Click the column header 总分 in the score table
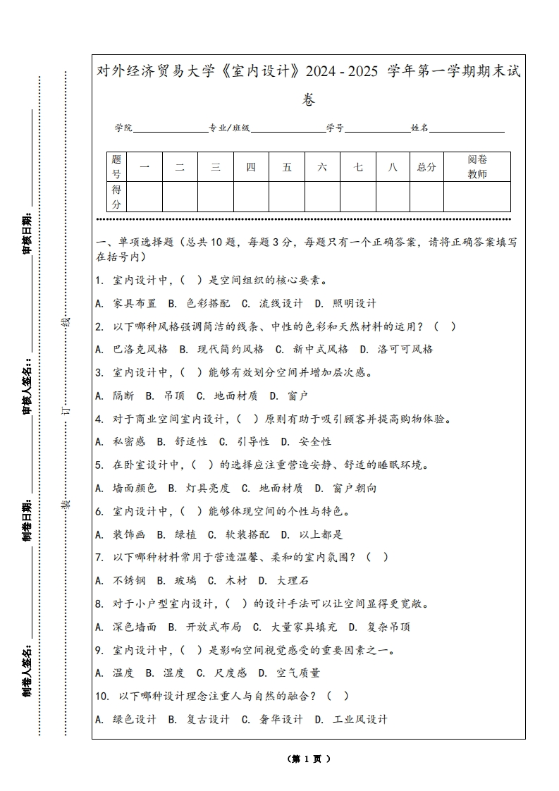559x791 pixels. tap(426, 167)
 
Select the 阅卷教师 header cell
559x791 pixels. tap(477, 167)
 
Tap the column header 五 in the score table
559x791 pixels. tap(287, 167)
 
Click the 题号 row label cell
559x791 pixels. tap(116, 167)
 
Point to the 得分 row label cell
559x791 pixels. tap(116, 197)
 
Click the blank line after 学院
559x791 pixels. tap(170, 129)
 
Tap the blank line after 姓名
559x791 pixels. tap(467, 129)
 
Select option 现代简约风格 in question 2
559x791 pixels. tap(221, 349)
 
